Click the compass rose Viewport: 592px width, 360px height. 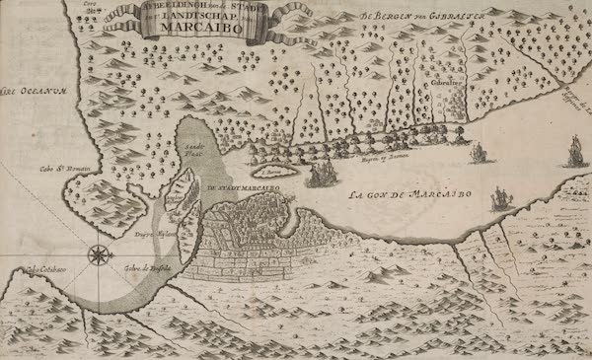(99, 255)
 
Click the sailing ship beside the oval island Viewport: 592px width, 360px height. (323, 175)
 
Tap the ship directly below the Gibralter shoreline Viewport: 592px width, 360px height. (479, 153)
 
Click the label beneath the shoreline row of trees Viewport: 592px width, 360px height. (376, 154)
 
